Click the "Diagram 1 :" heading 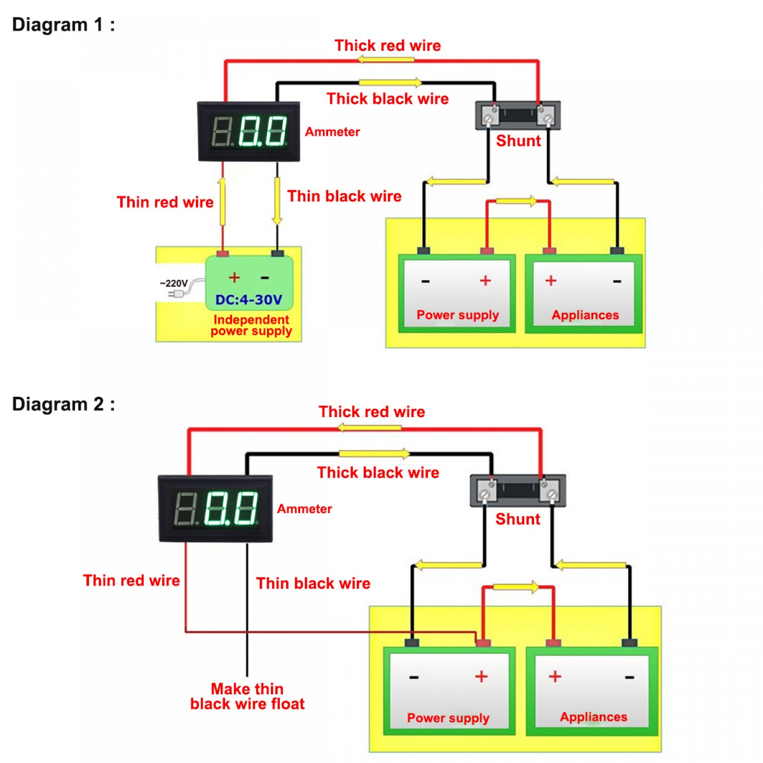[64, 24]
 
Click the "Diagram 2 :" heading [64, 404]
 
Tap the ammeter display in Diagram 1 [249, 132]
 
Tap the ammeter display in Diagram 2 [216, 509]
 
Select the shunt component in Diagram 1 [518, 115]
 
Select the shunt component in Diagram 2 [518, 490]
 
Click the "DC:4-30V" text [249, 300]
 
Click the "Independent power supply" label [251, 326]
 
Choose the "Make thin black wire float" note [247, 696]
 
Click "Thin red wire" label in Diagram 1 [165, 202]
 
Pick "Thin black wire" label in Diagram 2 [313, 583]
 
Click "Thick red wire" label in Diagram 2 [372, 412]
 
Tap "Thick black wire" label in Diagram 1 [388, 99]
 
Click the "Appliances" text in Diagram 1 [585, 315]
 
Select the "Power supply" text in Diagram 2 [448, 718]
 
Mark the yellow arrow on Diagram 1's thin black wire [277, 201]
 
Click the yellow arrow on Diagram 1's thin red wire [222, 201]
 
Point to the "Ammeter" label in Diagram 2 [305, 509]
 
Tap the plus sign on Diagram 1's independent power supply [234, 277]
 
